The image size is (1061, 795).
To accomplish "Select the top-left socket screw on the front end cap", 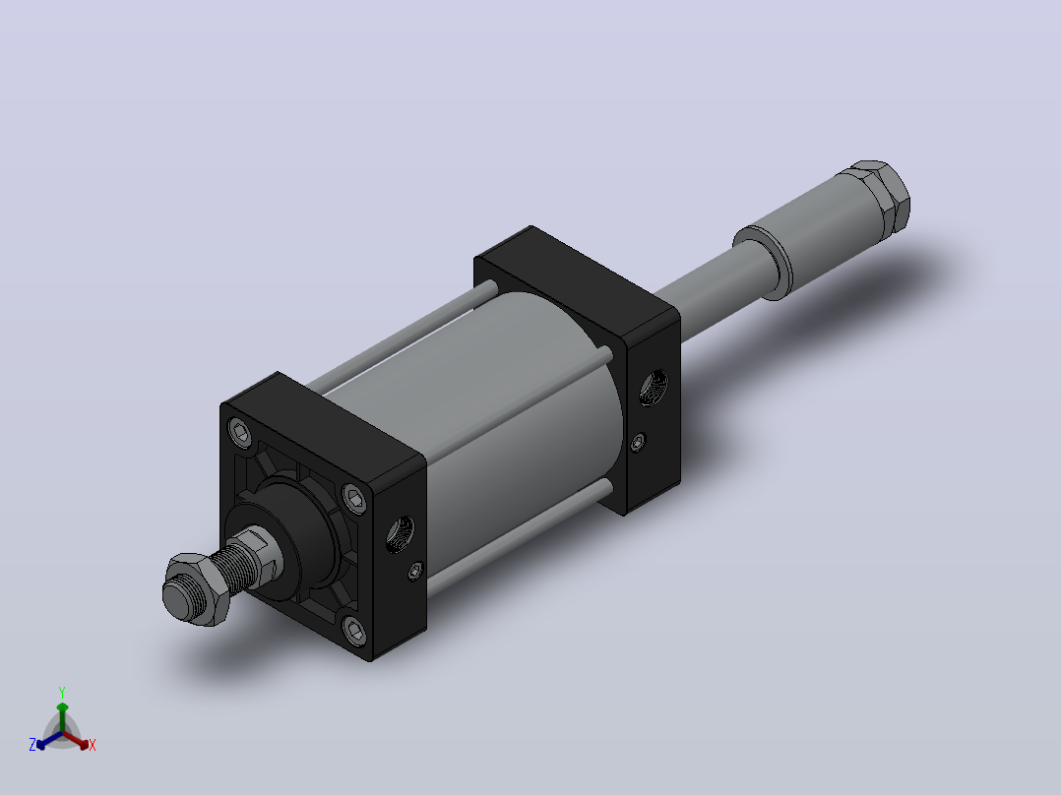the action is tap(241, 432).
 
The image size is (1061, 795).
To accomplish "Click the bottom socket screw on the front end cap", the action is tap(354, 631).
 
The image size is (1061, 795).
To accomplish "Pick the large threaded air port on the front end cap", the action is tap(401, 532).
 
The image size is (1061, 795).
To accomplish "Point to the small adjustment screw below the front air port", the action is tap(415, 572).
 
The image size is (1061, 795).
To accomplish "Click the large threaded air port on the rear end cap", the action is tap(653, 388).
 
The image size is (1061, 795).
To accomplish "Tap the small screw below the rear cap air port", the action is tap(638, 443).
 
